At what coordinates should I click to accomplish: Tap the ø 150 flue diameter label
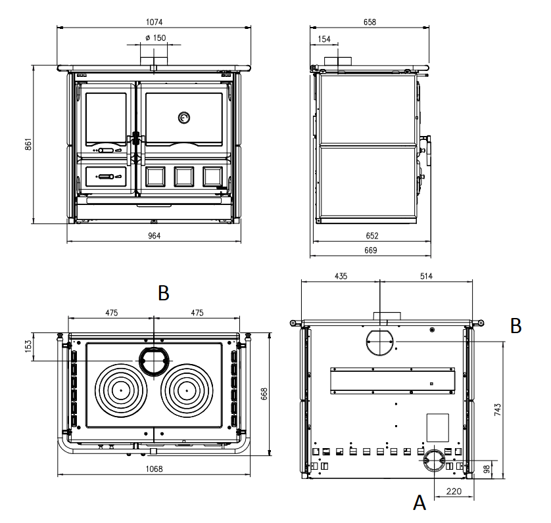coord(155,37)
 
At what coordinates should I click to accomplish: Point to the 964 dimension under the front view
coord(154,235)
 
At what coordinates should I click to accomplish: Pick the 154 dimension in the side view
coord(324,39)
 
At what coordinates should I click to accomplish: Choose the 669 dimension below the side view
coord(371,250)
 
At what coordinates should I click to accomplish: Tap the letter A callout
coord(419,503)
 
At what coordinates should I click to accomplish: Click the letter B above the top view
coord(164,294)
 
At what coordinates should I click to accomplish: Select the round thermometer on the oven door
coord(183,118)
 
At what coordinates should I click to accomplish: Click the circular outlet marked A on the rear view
coord(433,461)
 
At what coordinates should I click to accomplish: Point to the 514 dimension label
coord(425,276)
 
